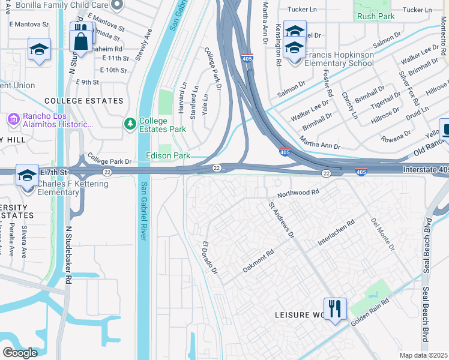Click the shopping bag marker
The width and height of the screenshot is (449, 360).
[x=80, y=41]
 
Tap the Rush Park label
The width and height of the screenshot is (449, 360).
[x=376, y=16]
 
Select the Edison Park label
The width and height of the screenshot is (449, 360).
[x=168, y=155]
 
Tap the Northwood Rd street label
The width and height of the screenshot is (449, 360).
[x=298, y=193]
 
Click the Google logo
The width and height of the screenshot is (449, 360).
[x=20, y=352]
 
